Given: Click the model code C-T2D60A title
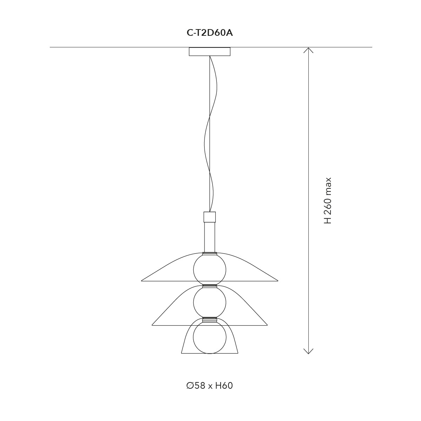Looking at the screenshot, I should pyautogui.click(x=210, y=33).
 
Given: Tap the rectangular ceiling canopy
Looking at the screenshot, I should pyautogui.click(x=210, y=52).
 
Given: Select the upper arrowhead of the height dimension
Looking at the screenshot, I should pyautogui.click(x=308, y=50).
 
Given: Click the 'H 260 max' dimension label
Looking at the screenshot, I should pyautogui.click(x=327, y=201).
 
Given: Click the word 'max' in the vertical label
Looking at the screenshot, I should pyautogui.click(x=327, y=186).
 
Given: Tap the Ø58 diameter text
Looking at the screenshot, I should pyautogui.click(x=196, y=386).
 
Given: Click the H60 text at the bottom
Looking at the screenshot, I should pyautogui.click(x=224, y=386).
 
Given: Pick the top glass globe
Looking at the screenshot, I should pyautogui.click(x=210, y=269).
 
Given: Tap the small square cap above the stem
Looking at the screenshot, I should pyautogui.click(x=210, y=217).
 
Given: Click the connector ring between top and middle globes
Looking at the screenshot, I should pyautogui.click(x=210, y=286).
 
